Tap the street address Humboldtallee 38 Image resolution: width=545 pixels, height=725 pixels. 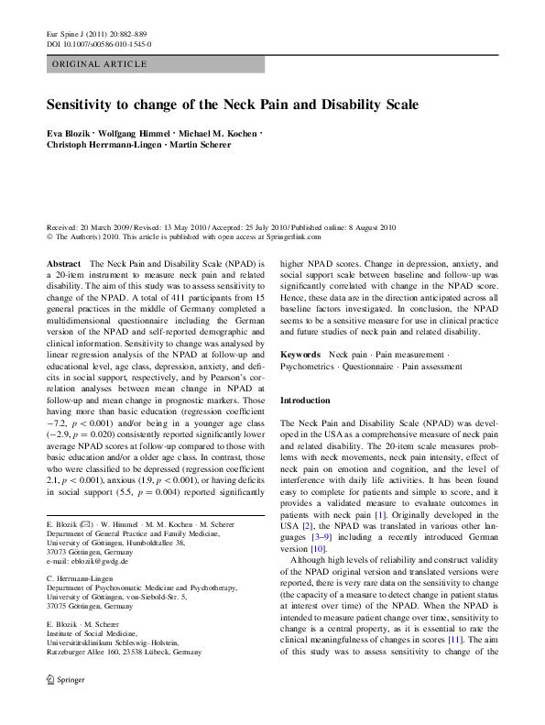coord(185,543)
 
